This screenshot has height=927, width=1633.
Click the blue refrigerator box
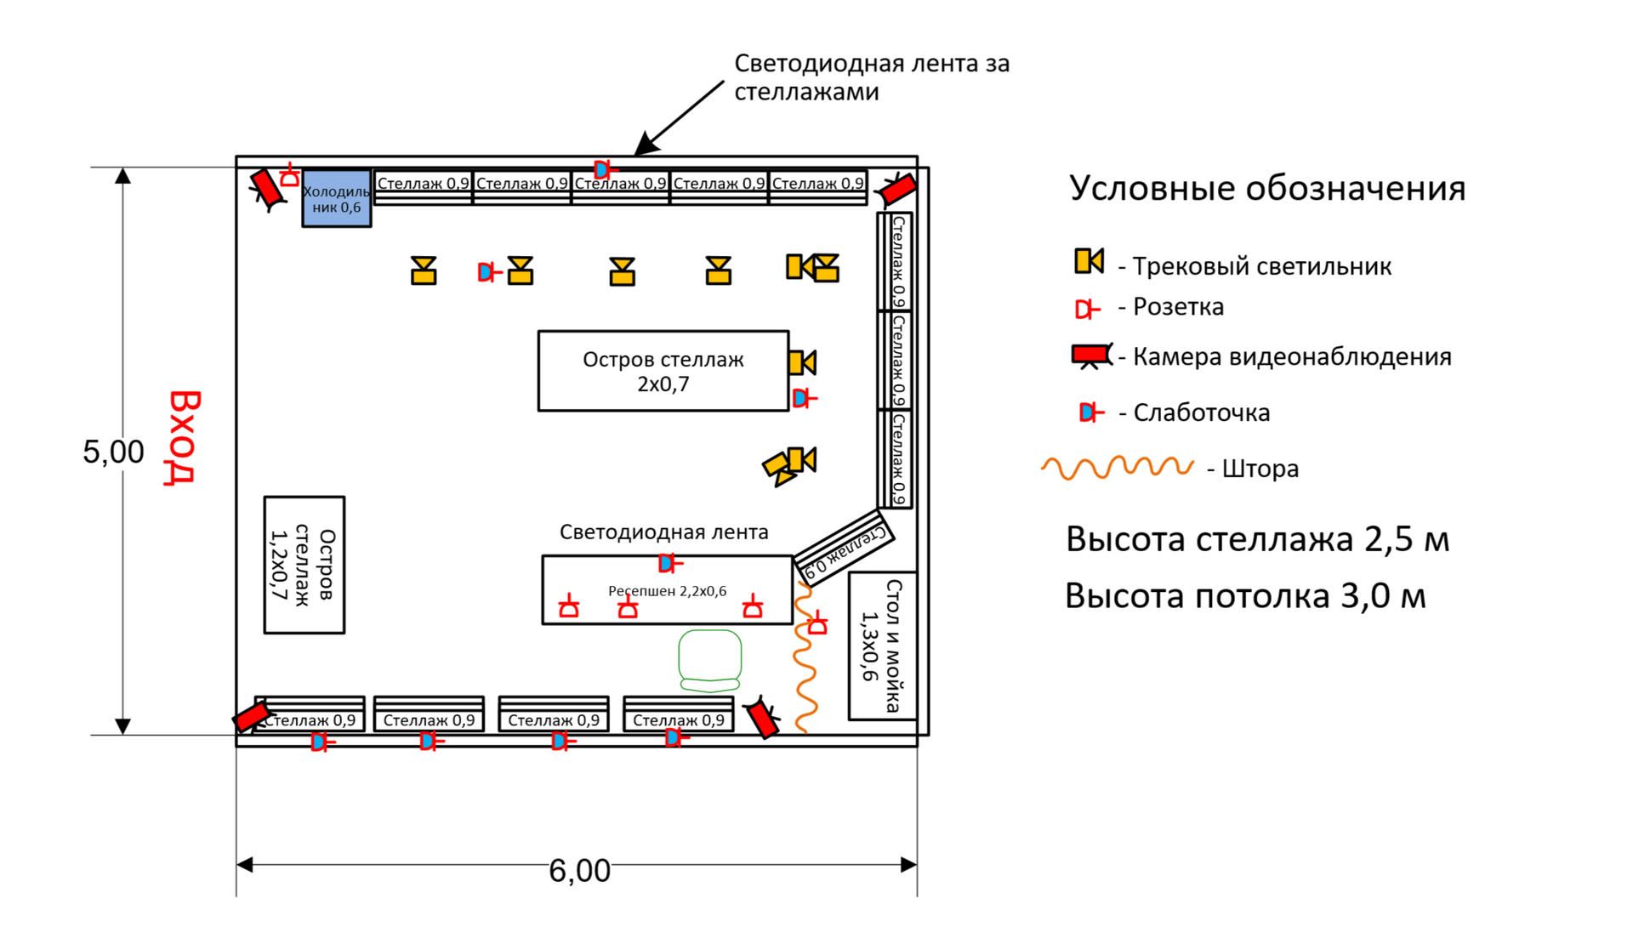337,199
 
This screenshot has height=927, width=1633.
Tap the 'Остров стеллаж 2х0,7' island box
663,372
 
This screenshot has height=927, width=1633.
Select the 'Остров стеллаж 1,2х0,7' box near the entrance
304,566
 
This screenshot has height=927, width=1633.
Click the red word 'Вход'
183,437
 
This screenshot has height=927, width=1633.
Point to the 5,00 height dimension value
113,452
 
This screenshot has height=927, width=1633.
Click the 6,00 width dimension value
579,871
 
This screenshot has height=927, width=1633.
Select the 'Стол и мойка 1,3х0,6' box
882,645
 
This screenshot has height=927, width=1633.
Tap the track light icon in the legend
1089,261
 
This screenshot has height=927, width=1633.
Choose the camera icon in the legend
1091,355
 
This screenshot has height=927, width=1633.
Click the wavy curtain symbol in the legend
1117,468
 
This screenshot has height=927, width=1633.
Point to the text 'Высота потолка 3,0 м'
1245,596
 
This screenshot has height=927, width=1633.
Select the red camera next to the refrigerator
267,190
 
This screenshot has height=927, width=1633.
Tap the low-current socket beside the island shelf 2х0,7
803,398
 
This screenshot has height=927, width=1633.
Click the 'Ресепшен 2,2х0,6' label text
667,591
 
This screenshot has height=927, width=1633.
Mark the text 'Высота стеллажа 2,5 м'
1257,539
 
